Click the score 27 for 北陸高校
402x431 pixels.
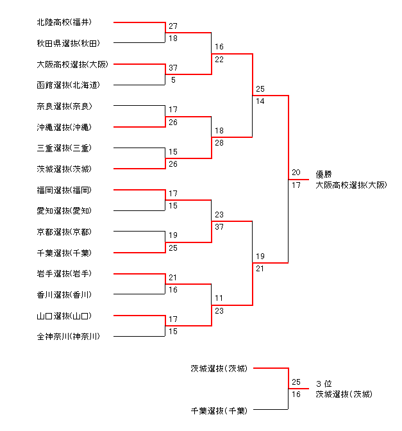[173, 27]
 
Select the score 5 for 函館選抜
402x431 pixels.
[173, 80]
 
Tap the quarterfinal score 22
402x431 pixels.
[219, 60]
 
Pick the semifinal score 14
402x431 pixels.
[260, 101]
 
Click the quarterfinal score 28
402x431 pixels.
[219, 142]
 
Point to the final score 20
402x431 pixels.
[296, 173]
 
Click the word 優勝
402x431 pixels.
[324, 174]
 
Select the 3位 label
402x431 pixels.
[323, 384]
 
